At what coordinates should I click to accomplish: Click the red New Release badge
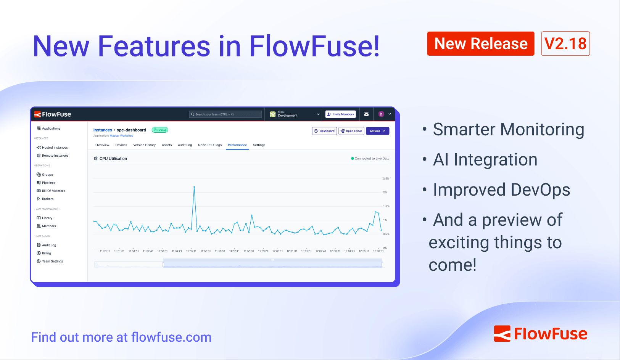click(480, 43)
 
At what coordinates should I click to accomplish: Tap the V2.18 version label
click(565, 43)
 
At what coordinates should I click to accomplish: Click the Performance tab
click(237, 145)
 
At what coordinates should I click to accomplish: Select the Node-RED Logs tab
click(209, 145)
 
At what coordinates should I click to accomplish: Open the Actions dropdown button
click(377, 131)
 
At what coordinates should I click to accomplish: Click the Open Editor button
click(351, 131)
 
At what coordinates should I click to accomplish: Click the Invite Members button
click(340, 114)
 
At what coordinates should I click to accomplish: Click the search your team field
click(225, 114)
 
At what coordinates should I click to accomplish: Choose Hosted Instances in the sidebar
click(55, 148)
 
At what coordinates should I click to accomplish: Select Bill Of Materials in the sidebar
click(53, 191)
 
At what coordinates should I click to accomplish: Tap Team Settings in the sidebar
click(52, 261)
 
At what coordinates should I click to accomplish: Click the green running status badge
click(160, 130)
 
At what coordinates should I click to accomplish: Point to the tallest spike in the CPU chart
click(194, 187)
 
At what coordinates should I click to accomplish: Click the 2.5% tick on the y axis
click(386, 178)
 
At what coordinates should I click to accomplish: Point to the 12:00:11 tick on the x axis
click(277, 251)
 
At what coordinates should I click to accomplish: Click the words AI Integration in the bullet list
click(485, 159)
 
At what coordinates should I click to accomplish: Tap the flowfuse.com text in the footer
click(171, 337)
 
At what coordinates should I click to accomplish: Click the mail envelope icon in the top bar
click(366, 114)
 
